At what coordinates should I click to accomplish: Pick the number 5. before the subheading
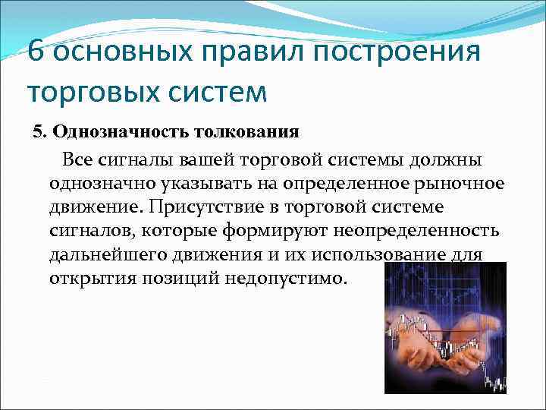coord(39,131)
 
